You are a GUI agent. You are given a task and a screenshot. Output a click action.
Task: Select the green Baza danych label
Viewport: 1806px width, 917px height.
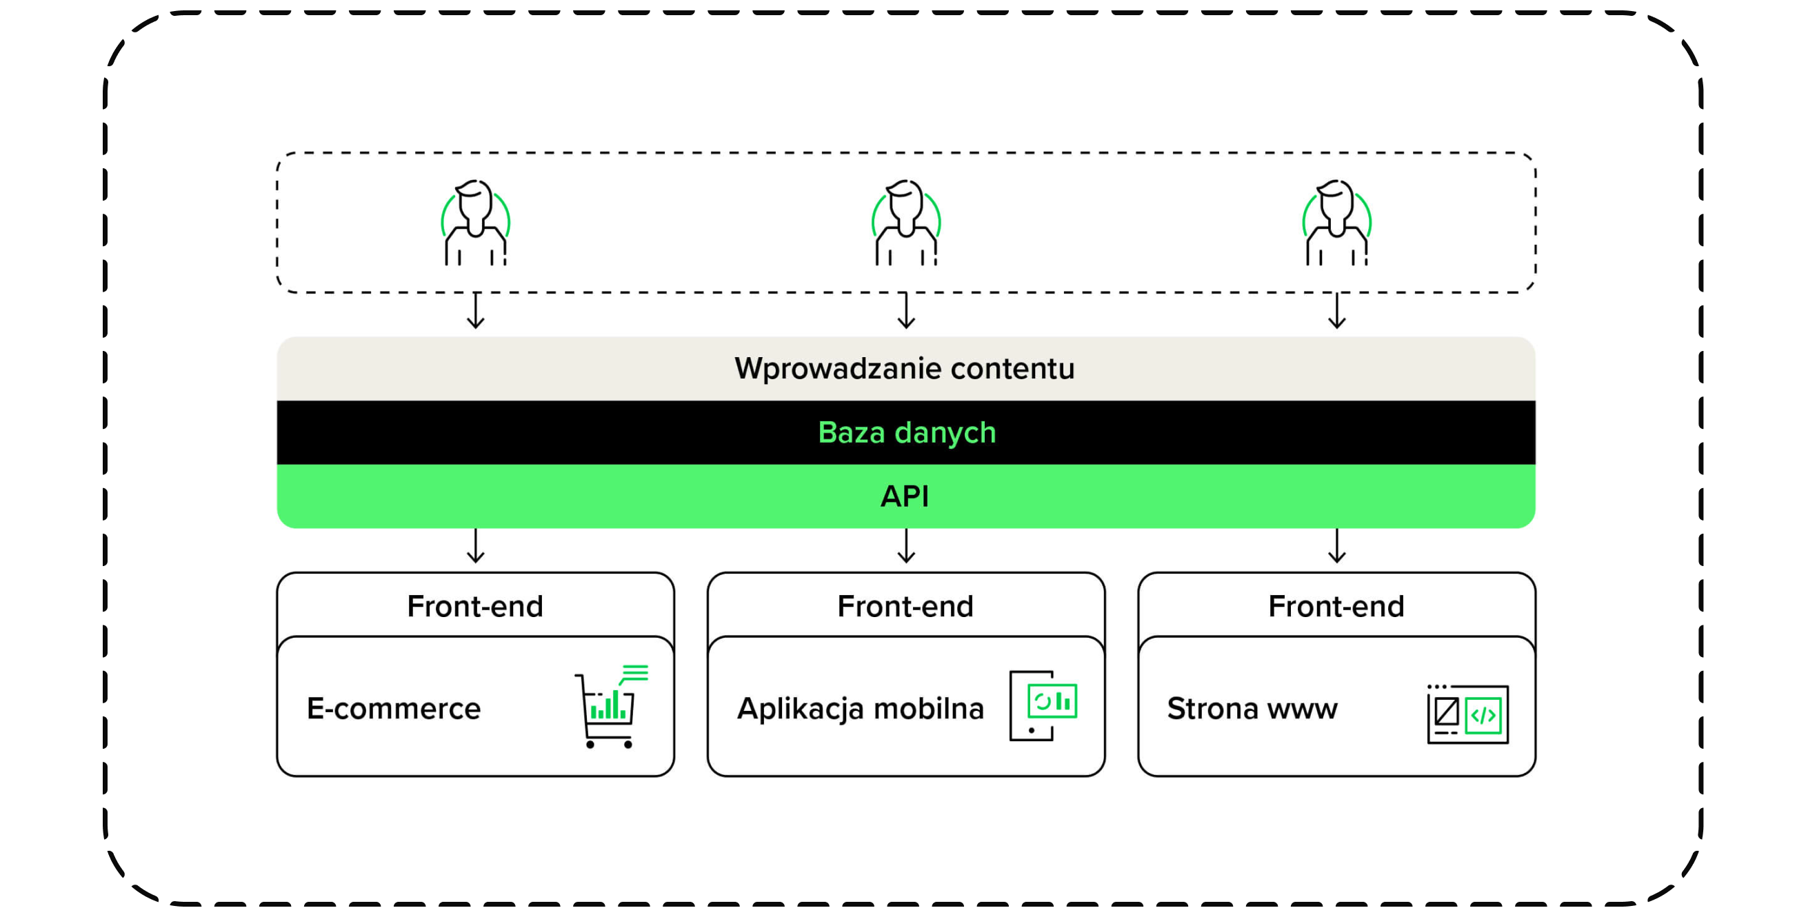click(907, 432)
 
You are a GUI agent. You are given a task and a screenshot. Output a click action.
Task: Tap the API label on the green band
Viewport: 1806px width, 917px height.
click(905, 496)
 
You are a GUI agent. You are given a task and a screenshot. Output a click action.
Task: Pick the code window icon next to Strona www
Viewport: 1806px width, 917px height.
click(1467, 714)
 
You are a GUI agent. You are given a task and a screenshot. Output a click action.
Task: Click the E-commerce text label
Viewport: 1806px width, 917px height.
click(394, 709)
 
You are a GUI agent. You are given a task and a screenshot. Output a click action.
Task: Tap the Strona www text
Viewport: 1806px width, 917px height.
click(1252, 709)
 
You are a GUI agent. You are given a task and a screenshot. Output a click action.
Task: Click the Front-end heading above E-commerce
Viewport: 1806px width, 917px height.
click(475, 607)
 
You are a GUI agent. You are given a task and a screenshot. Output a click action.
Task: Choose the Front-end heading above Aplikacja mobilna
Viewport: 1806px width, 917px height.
click(906, 607)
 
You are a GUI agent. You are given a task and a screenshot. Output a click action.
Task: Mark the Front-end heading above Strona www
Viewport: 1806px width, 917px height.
click(1336, 607)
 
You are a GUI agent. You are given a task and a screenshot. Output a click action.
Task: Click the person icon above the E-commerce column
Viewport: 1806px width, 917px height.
click(475, 223)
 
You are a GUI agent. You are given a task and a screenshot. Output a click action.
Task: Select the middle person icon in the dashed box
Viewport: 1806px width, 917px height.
click(906, 223)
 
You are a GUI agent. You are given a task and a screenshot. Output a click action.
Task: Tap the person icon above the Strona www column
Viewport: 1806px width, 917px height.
click(1336, 223)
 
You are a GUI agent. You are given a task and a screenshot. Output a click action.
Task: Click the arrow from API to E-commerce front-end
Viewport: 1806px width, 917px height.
click(476, 546)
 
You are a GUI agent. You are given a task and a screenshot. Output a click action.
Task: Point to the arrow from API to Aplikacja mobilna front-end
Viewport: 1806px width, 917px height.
click(907, 546)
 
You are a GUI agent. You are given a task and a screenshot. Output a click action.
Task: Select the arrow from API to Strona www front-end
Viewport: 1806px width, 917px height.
click(1337, 546)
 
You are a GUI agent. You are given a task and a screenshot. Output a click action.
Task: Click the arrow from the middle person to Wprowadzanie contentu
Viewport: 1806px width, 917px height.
click(907, 311)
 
